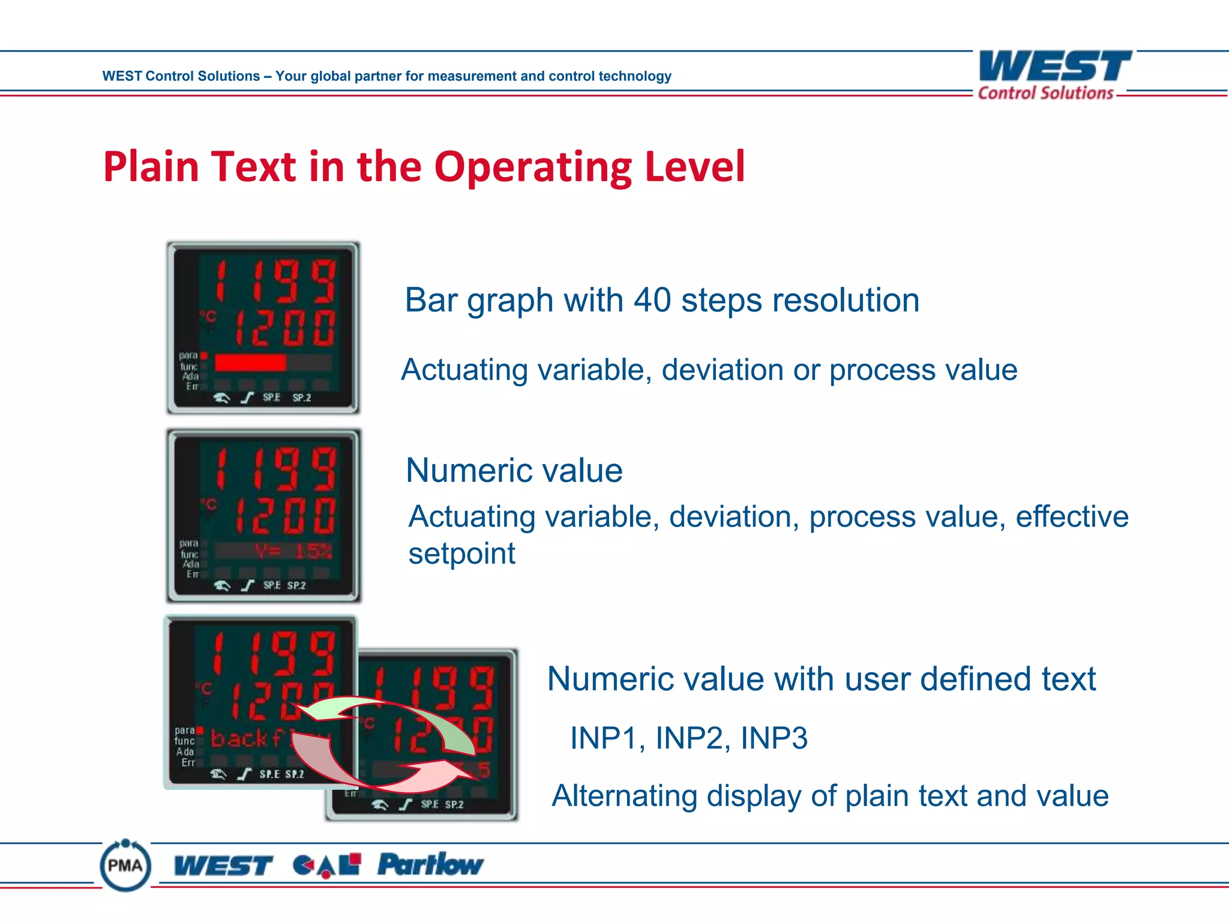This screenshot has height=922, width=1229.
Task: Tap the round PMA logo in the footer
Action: click(125, 865)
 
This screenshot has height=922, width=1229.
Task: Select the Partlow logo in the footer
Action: click(430, 864)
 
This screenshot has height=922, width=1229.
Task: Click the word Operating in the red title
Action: click(532, 167)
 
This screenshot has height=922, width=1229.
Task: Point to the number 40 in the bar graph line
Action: click(652, 300)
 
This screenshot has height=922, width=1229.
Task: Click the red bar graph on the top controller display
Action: click(250, 363)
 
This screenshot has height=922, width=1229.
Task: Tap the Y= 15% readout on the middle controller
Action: click(293, 550)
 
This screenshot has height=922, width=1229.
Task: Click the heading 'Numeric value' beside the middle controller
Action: click(514, 470)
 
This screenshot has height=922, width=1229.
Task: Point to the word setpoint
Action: click(461, 553)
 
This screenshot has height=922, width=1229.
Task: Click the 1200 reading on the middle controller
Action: click(284, 516)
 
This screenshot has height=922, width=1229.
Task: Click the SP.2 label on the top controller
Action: click(301, 397)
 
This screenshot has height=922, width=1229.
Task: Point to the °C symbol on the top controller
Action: click(208, 316)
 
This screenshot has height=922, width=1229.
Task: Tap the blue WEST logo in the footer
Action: click(223, 866)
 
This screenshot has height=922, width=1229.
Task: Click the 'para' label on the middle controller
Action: click(188, 543)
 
